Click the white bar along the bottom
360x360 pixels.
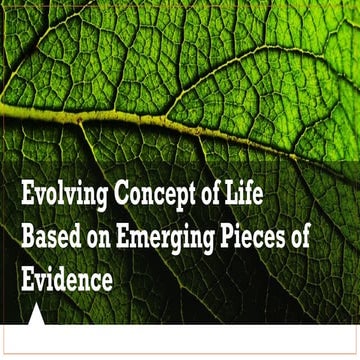(x=200, y=341)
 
